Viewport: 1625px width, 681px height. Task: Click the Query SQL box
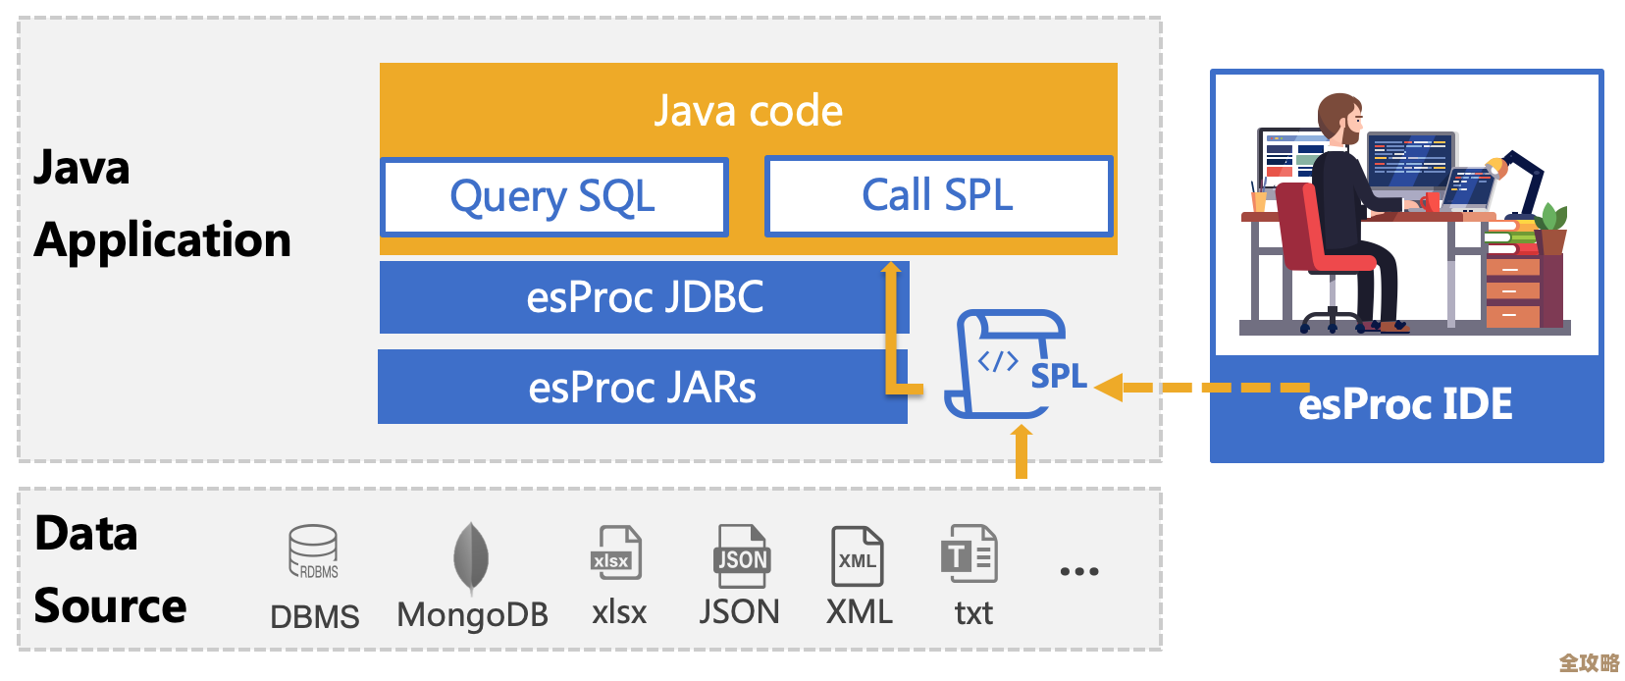coord(553,197)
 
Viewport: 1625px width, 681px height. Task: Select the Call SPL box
coord(938,195)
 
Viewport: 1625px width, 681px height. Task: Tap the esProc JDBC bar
coord(644,297)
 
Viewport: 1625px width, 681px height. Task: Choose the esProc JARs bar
coord(642,388)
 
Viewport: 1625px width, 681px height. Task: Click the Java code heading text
coord(748,111)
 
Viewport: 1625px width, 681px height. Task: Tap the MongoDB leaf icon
coord(471,556)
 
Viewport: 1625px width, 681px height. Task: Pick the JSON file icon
coord(741,555)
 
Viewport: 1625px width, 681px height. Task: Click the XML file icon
coord(857,556)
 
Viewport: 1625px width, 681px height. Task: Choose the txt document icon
coord(970,554)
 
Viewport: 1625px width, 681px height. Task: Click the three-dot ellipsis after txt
coord(1079,571)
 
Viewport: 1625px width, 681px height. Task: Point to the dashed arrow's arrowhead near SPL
coord(1109,388)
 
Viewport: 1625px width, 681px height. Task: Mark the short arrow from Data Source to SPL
coord(1022,450)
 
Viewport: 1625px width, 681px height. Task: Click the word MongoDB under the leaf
coord(472,615)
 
